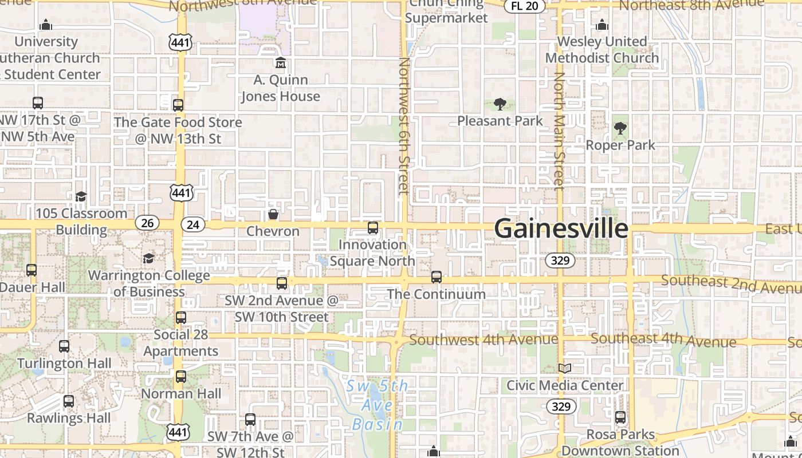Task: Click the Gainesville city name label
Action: click(x=561, y=228)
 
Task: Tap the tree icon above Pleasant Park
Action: click(x=500, y=104)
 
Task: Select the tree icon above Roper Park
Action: click(x=620, y=128)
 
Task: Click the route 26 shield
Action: click(x=147, y=223)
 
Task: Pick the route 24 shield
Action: click(x=193, y=224)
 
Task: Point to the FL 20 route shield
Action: click(x=524, y=6)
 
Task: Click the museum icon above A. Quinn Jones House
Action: click(x=281, y=62)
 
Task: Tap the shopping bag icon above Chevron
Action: click(x=273, y=215)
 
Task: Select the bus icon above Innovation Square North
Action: click(x=373, y=228)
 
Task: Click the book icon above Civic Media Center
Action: click(x=565, y=368)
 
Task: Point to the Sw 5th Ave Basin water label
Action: click(x=378, y=405)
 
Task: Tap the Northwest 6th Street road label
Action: click(x=404, y=126)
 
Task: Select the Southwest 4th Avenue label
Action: click(x=483, y=339)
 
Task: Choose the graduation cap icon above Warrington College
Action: click(x=149, y=258)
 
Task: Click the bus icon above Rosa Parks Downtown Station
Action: click(x=620, y=417)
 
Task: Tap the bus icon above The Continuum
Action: click(x=437, y=277)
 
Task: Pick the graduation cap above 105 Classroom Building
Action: click(x=81, y=196)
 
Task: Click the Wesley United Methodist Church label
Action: click(x=602, y=50)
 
